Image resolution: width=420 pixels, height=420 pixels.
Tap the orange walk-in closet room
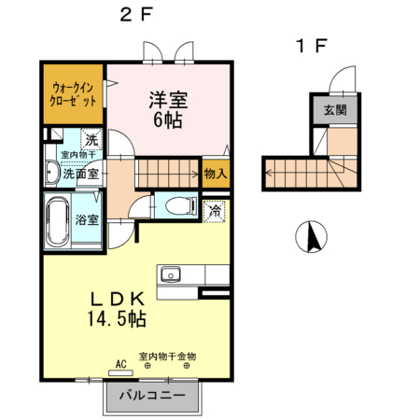click(x=72, y=94)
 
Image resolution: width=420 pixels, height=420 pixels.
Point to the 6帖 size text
click(x=168, y=119)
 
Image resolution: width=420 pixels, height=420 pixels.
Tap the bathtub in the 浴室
click(x=59, y=220)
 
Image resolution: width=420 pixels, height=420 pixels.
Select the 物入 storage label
click(x=215, y=174)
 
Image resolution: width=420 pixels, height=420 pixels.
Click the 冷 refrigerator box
click(x=216, y=211)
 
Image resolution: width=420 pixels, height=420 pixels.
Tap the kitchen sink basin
click(x=171, y=274)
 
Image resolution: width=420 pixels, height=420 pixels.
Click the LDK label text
click(x=117, y=300)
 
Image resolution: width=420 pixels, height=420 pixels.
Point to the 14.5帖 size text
click(x=117, y=319)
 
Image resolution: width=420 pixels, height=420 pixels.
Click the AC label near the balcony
click(x=120, y=363)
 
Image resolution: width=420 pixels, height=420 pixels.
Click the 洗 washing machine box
click(x=91, y=139)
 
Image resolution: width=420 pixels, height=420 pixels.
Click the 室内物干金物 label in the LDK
click(x=167, y=356)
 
